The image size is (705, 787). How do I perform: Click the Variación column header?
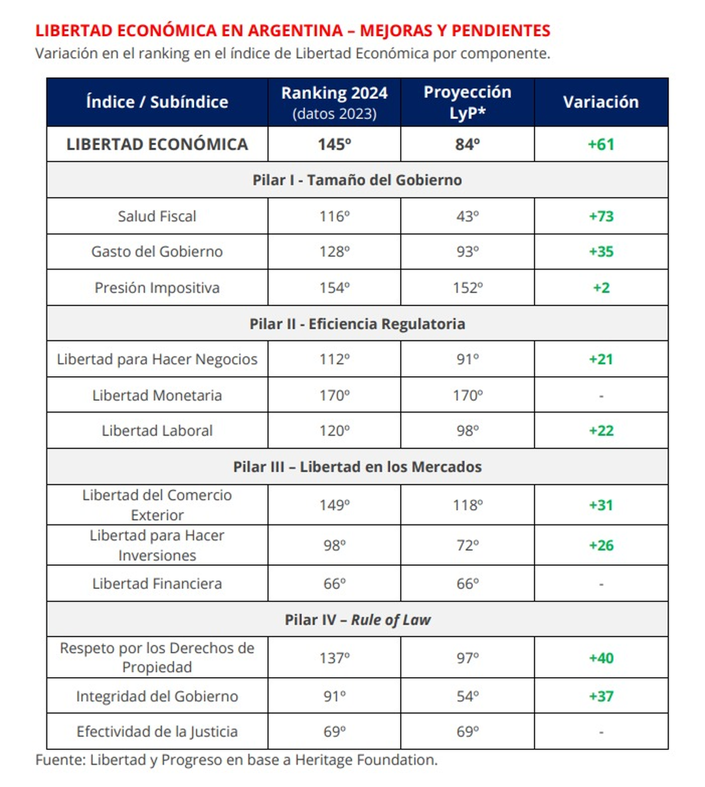click(x=600, y=102)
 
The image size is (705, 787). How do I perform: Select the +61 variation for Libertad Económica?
click(x=600, y=144)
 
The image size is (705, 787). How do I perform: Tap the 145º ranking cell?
click(x=334, y=144)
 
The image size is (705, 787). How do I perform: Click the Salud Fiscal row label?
click(x=157, y=216)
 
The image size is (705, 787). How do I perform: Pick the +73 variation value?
click(x=600, y=216)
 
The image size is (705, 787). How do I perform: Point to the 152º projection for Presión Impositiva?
click(x=468, y=287)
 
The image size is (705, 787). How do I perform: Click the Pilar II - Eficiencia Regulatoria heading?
click(x=357, y=324)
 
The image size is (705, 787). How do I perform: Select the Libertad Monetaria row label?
click(x=157, y=395)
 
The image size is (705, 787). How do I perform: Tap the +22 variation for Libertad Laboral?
click(x=600, y=430)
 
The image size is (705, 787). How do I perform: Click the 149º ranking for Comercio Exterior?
click(x=334, y=505)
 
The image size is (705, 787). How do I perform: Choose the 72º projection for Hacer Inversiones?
click(x=468, y=545)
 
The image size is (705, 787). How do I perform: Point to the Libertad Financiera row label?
click(x=157, y=584)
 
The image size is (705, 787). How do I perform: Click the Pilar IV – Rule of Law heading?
click(x=357, y=619)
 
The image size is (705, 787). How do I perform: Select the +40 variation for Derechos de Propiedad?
click(x=600, y=658)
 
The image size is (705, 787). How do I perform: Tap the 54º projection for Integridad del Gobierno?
click(x=468, y=696)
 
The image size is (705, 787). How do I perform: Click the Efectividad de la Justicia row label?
click(x=157, y=732)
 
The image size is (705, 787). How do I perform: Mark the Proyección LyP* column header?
click(x=468, y=102)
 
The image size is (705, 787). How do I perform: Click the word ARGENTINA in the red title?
click(x=295, y=31)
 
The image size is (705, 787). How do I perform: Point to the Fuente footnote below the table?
click(x=236, y=760)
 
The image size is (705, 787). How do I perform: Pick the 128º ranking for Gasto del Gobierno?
click(x=334, y=252)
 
